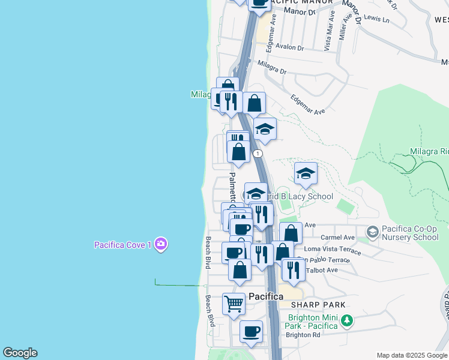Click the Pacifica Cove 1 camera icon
[x=160, y=244]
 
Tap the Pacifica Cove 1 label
[x=122, y=245]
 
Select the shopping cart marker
[x=234, y=304]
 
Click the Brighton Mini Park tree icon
[x=346, y=322]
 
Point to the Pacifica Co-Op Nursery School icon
[x=372, y=232]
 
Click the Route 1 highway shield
[x=258, y=154]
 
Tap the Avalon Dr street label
[x=291, y=48]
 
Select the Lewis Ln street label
[x=377, y=20]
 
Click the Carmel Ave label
[x=337, y=238]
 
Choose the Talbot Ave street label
[x=322, y=270]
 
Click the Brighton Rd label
[x=303, y=335]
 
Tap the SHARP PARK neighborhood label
[x=319, y=305]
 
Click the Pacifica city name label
[x=265, y=296]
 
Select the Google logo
[x=20, y=353]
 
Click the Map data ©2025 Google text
[x=412, y=355]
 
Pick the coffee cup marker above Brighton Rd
[x=251, y=331]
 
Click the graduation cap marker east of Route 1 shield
[x=306, y=174]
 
